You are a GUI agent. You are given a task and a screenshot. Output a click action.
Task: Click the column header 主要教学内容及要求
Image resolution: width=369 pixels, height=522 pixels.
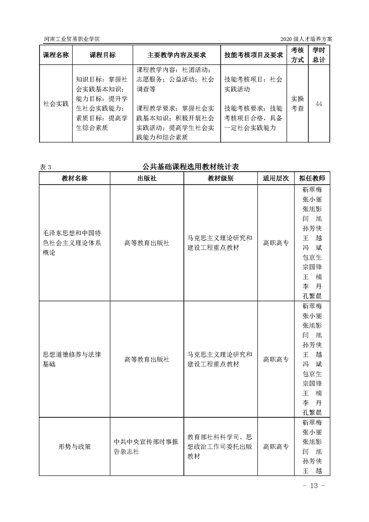(x=176, y=55)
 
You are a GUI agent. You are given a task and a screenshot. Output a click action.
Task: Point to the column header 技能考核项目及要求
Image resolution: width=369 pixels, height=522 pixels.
(x=254, y=55)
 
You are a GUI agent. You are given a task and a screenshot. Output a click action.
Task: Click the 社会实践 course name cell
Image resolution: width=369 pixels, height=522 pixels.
(x=56, y=103)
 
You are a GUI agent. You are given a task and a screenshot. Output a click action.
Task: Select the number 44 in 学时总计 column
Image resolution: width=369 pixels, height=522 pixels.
(x=319, y=103)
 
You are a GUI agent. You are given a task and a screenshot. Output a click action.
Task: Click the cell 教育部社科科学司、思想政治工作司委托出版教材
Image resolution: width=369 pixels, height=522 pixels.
(x=220, y=447)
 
